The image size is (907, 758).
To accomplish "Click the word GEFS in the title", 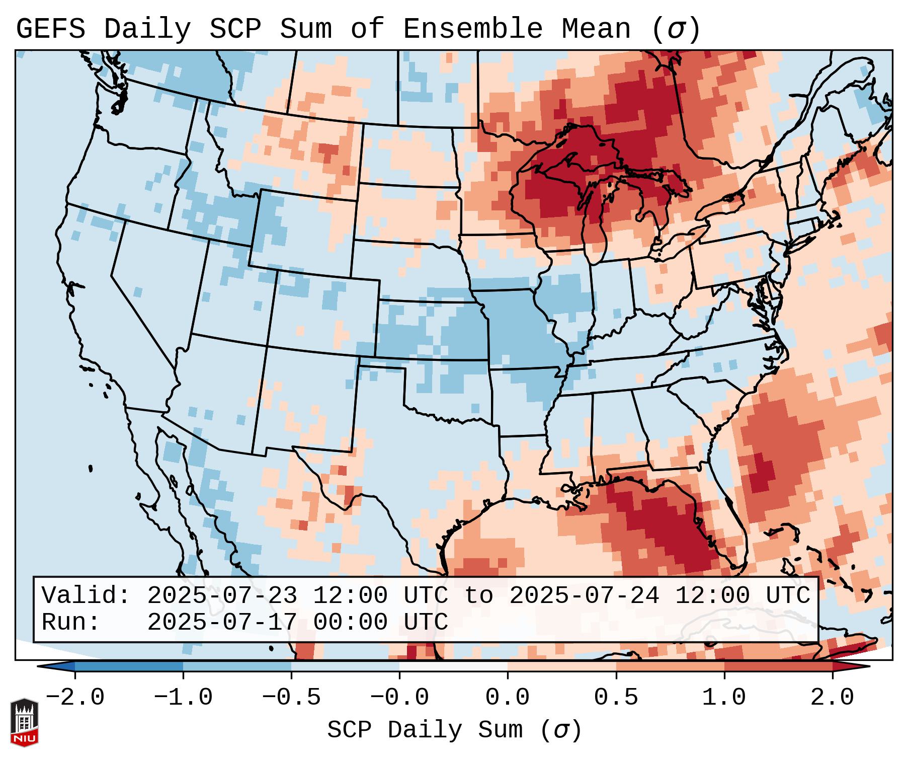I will [x=51, y=29].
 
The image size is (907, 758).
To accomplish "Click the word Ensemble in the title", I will [x=473, y=29].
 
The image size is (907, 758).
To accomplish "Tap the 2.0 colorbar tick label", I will [x=833, y=698].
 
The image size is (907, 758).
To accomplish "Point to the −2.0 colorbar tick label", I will [x=75, y=698].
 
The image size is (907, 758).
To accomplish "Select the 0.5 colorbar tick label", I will [x=616, y=698].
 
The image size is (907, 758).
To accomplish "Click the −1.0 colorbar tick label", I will [x=183, y=698].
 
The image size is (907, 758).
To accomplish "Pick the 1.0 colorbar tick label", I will [x=724, y=698].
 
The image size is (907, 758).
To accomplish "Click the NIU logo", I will [x=24, y=722].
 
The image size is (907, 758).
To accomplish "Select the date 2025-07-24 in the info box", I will [x=584, y=596].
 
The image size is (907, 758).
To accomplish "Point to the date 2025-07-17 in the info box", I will [x=222, y=622].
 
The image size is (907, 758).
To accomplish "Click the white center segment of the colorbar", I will [x=453, y=666].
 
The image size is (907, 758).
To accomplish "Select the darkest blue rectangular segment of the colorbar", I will [x=129, y=666].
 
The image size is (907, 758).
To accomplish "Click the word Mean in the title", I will [x=596, y=29].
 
